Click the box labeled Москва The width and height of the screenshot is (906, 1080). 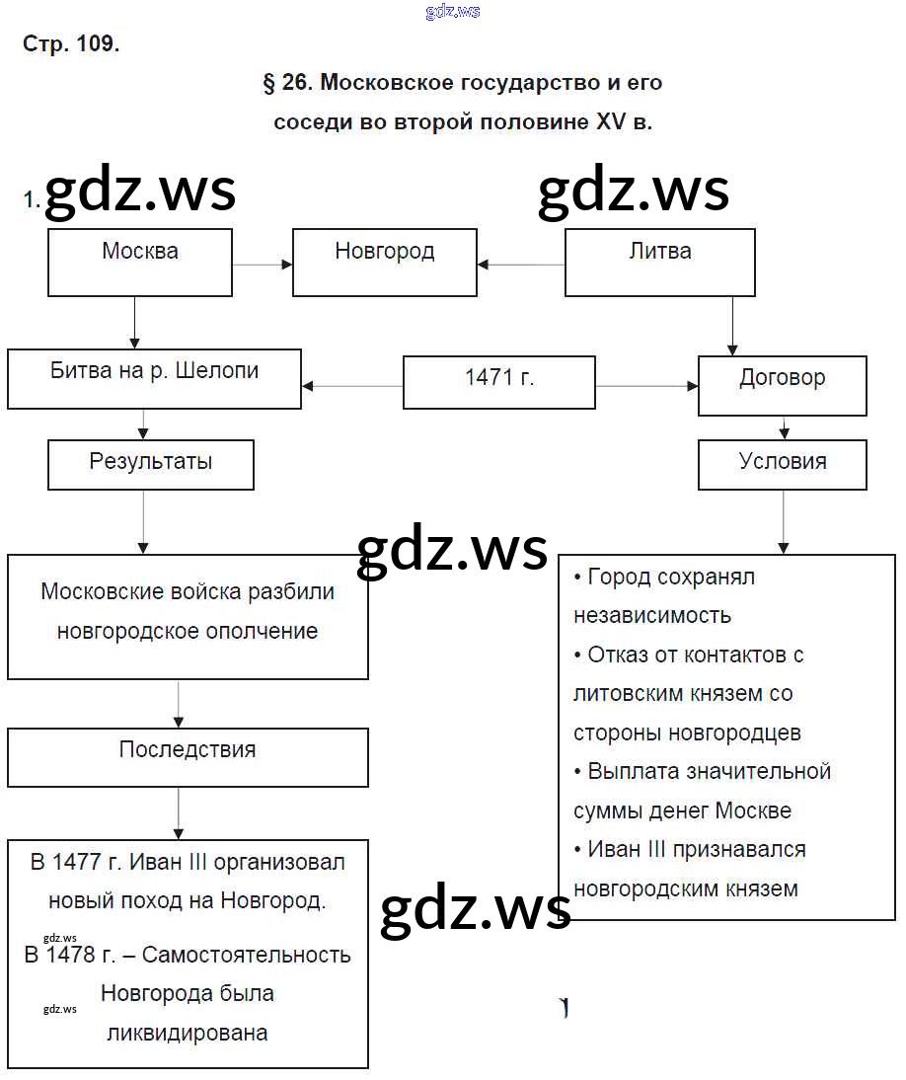pyautogui.click(x=140, y=262)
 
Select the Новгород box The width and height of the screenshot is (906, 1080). pyautogui.click(x=384, y=262)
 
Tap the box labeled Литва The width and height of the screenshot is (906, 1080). pyautogui.click(x=659, y=262)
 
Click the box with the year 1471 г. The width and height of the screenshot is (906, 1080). pyautogui.click(x=498, y=382)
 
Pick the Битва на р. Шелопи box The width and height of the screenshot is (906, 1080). pyautogui.click(x=154, y=378)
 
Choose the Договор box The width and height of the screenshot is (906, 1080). pyautogui.click(x=782, y=385)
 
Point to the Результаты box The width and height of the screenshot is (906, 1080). pyautogui.click(x=150, y=464)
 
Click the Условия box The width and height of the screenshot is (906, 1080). pyautogui.click(x=782, y=464)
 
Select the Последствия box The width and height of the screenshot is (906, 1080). pyautogui.click(x=188, y=757)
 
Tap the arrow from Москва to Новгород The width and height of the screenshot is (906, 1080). pyautogui.click(x=262, y=264)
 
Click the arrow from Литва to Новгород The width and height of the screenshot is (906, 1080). pyautogui.click(x=520, y=264)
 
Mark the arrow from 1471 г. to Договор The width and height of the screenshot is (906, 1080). pyautogui.click(x=646, y=386)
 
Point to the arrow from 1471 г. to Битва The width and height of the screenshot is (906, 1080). pyautogui.click(x=352, y=386)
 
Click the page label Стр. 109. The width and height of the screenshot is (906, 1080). pyautogui.click(x=70, y=44)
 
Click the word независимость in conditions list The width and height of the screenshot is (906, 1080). pyautogui.click(x=652, y=615)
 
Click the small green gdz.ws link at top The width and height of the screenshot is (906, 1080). pyautogui.click(x=453, y=11)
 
